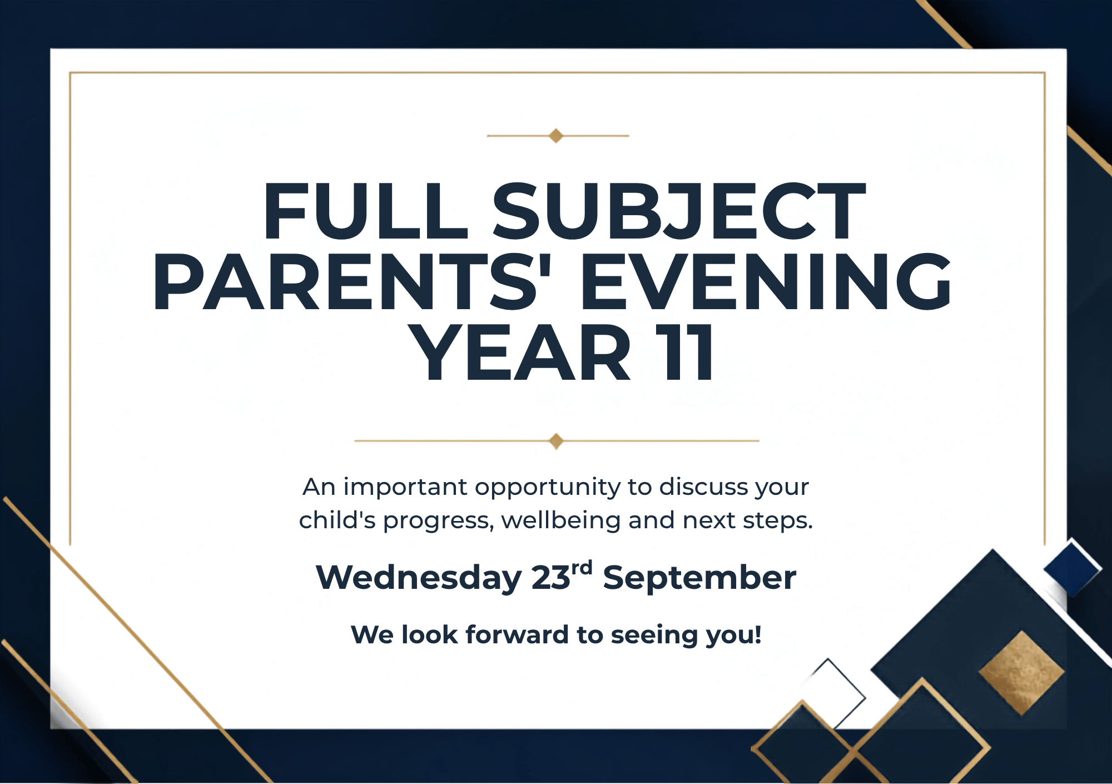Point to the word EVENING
click(766, 281)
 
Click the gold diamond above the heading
click(556, 136)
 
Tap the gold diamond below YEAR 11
click(556, 441)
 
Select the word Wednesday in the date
click(419, 578)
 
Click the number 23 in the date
click(551, 578)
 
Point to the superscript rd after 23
click(582, 568)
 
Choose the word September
click(699, 579)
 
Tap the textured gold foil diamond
click(1022, 673)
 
